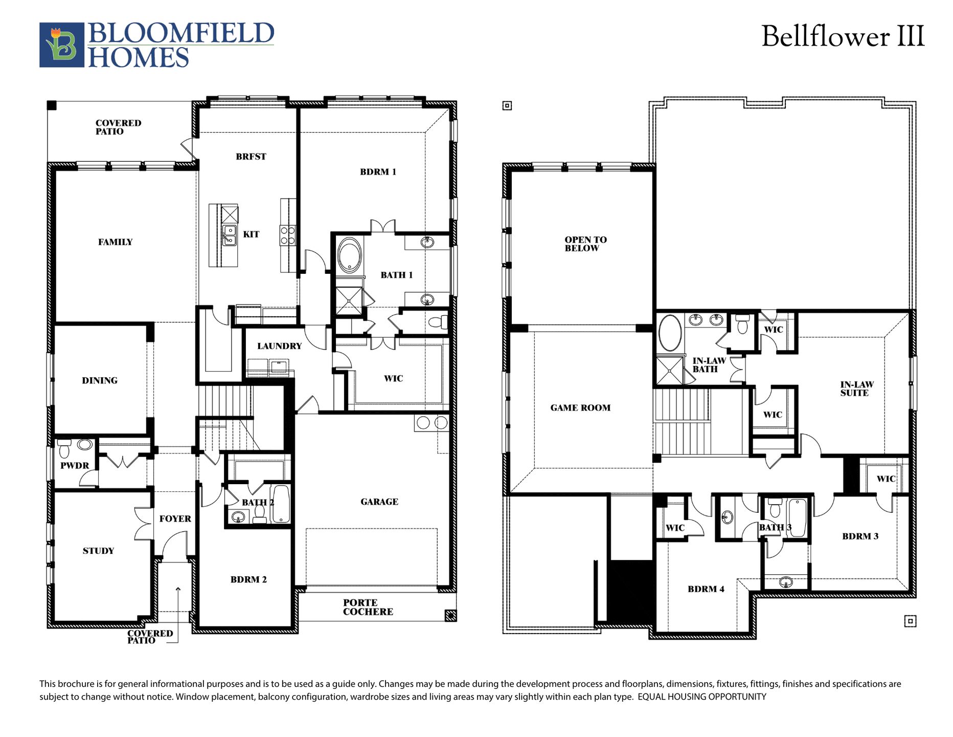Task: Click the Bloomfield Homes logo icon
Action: (x=61, y=45)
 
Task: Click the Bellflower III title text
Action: (x=843, y=37)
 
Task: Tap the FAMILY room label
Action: (x=115, y=242)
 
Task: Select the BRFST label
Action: (x=251, y=157)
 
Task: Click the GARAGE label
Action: (x=379, y=502)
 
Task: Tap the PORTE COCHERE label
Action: (x=368, y=608)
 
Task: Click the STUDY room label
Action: (x=98, y=551)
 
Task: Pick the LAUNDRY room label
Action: (x=279, y=346)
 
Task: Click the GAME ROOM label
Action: (x=580, y=408)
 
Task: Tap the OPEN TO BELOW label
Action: (x=585, y=244)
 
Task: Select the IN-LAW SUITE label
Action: (x=856, y=388)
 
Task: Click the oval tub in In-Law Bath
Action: (x=670, y=333)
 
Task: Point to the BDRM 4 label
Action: (x=706, y=589)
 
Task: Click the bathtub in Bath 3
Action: (x=797, y=517)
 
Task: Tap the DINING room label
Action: (x=100, y=380)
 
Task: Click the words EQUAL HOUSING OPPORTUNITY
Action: (x=701, y=697)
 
